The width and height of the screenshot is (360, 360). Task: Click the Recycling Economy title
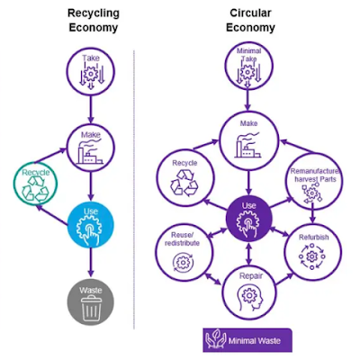92,21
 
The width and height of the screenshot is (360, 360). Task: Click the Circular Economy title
249,21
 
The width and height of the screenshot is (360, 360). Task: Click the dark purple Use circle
249,217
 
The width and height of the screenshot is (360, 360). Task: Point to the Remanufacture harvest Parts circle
311,177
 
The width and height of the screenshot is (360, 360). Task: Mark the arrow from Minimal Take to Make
249,101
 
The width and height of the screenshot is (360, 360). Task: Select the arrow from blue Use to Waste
92,264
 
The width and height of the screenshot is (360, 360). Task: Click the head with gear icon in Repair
249,296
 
